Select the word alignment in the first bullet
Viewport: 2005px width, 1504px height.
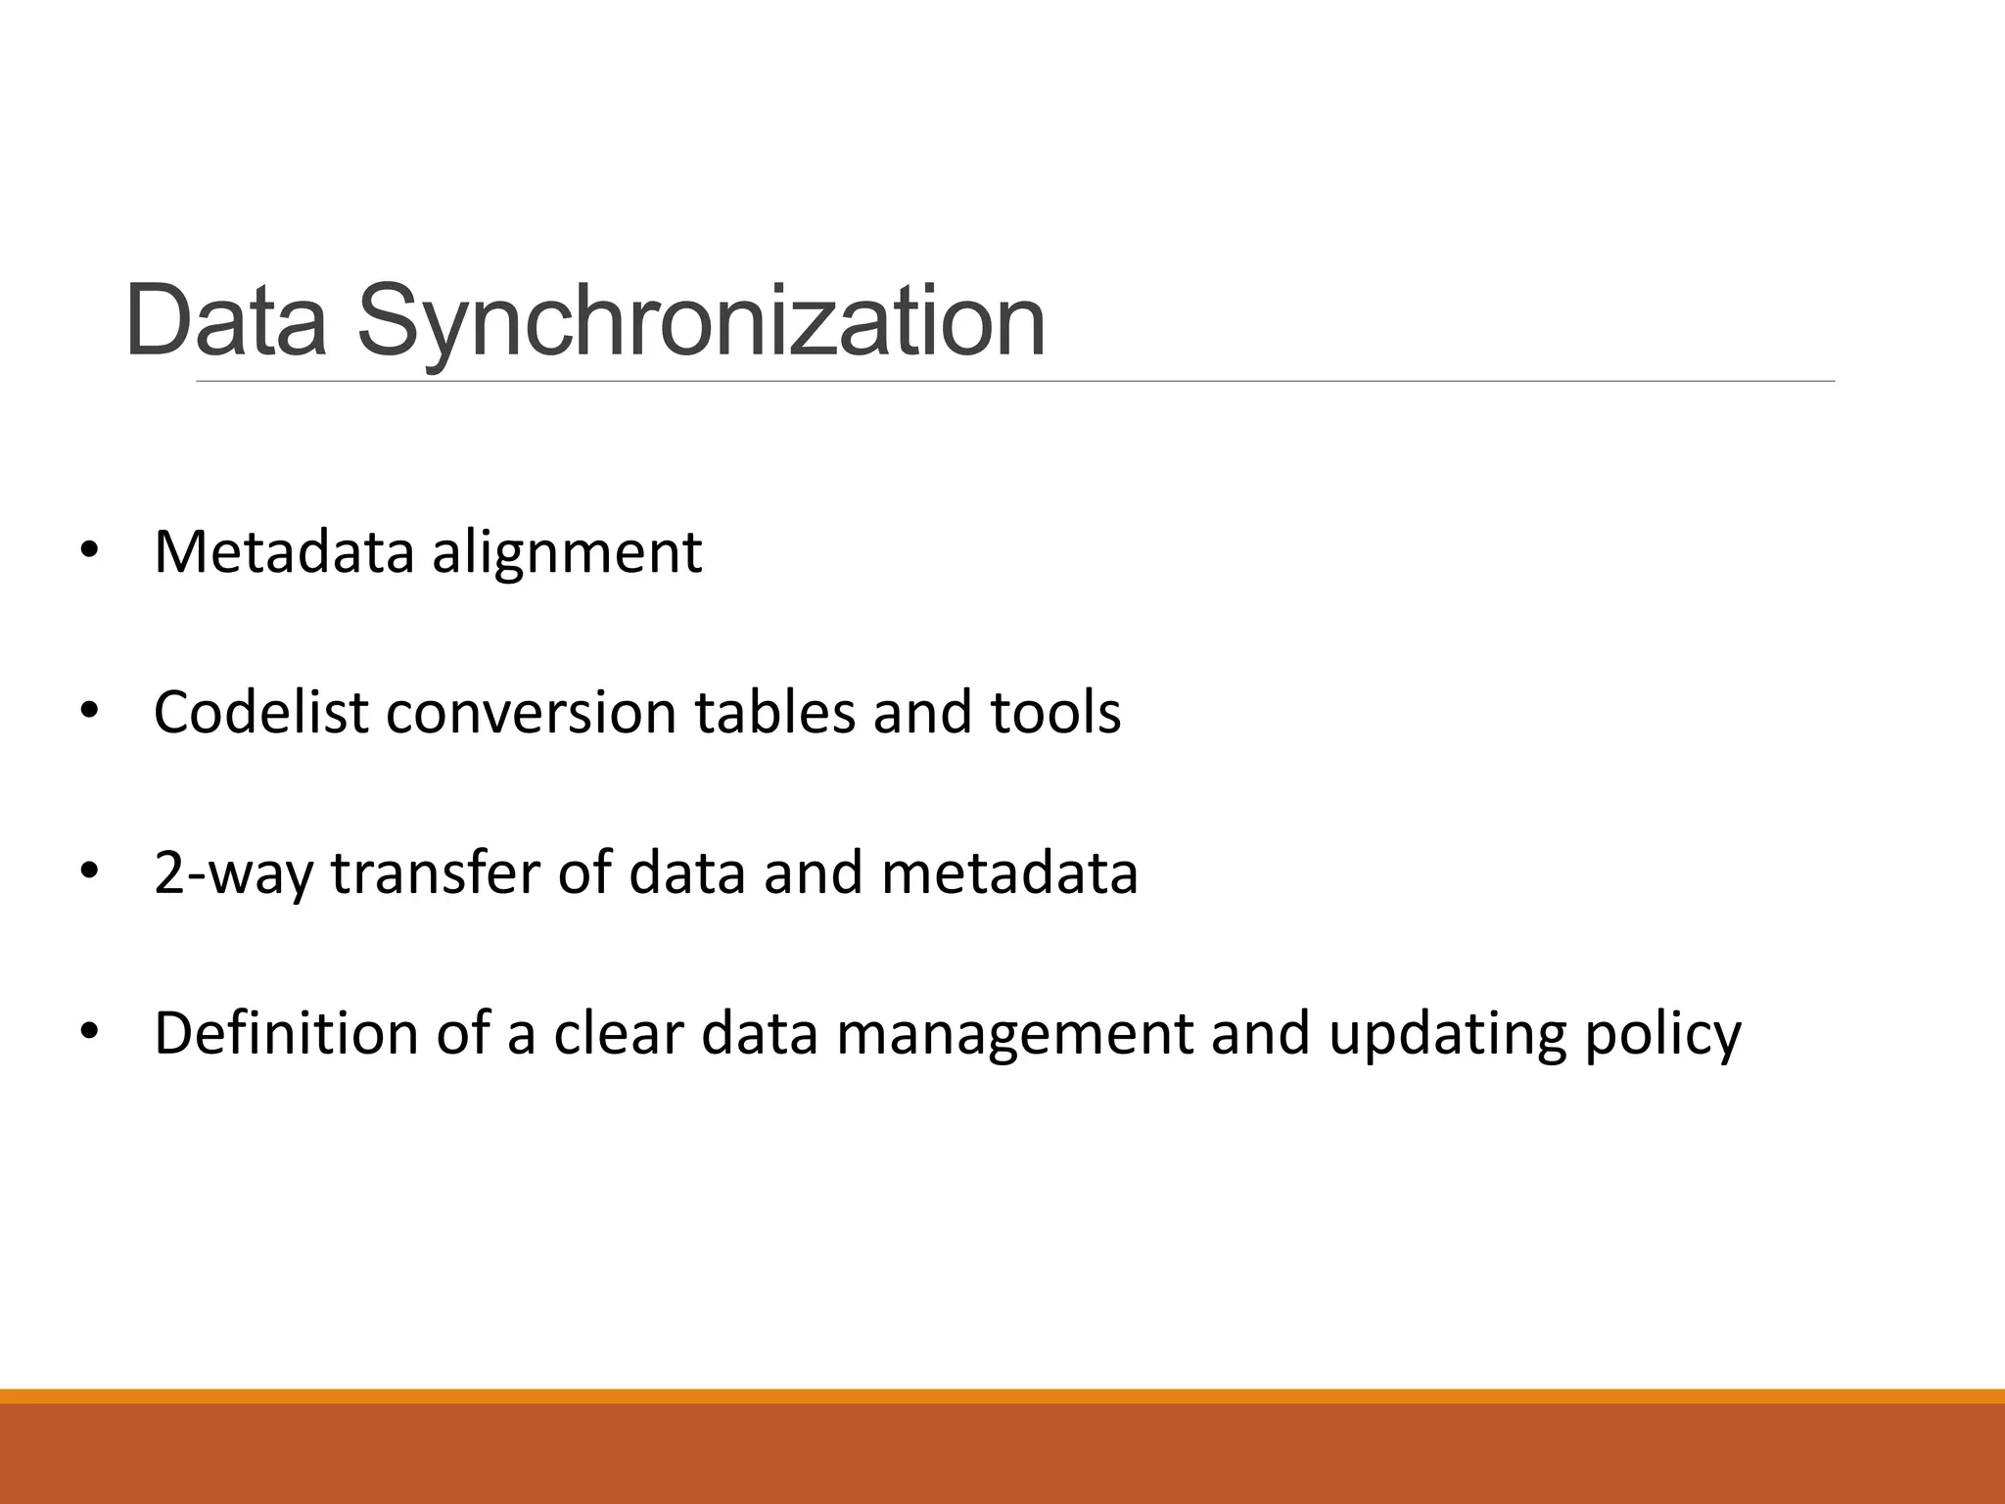click(x=567, y=552)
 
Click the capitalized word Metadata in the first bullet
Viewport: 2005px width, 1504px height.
click(x=284, y=551)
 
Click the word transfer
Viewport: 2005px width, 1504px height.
click(x=435, y=872)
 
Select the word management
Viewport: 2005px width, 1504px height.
click(x=1013, y=1035)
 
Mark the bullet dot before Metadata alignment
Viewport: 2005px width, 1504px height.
click(x=89, y=551)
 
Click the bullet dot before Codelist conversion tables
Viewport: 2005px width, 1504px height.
click(x=89, y=712)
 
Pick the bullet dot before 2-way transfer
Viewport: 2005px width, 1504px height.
click(x=89, y=872)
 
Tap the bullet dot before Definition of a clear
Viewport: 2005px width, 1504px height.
click(x=89, y=1033)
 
